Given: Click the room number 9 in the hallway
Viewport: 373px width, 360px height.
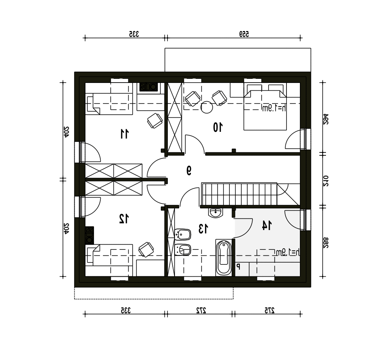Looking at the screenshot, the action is (x=189, y=170).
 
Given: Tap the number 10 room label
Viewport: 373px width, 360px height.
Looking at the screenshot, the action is (x=218, y=127).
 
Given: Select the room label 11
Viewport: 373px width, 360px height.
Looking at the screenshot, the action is (x=124, y=134).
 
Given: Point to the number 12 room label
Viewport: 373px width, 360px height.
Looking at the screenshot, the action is (x=124, y=218).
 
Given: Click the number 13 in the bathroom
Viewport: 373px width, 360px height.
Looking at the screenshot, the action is (x=203, y=229).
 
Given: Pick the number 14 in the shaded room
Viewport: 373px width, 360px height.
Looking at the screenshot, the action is (x=267, y=225).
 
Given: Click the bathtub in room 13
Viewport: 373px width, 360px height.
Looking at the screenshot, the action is (x=223, y=258).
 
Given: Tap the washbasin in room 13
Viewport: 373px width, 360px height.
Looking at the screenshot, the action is (x=216, y=212).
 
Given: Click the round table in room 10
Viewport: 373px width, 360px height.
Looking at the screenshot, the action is (x=207, y=107).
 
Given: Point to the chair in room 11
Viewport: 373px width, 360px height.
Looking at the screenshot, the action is (x=155, y=121).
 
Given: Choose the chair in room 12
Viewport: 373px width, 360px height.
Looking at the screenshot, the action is (x=146, y=249).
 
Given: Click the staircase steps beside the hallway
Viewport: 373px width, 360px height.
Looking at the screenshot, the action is (x=239, y=194).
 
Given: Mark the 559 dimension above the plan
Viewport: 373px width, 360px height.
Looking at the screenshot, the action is (x=244, y=34).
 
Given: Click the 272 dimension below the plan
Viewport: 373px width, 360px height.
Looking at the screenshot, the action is (x=201, y=310).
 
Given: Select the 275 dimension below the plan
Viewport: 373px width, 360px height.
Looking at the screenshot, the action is (x=269, y=310).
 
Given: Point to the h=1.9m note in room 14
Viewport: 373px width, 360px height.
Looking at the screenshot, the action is (x=288, y=252).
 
